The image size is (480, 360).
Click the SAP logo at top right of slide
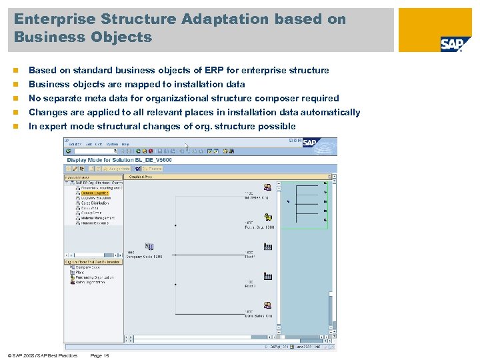452,44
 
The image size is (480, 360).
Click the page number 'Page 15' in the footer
99,355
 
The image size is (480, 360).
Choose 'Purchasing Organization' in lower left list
95,277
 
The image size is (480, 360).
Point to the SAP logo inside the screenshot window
309,143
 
